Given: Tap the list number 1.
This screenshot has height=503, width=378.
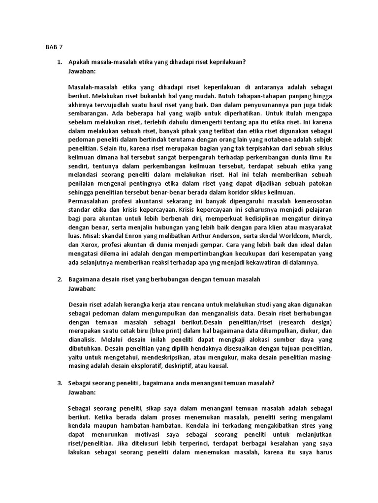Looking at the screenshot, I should pos(59,62).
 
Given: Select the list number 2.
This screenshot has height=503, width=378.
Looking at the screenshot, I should pos(59,279).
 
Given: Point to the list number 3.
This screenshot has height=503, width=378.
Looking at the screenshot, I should pos(59,383).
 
